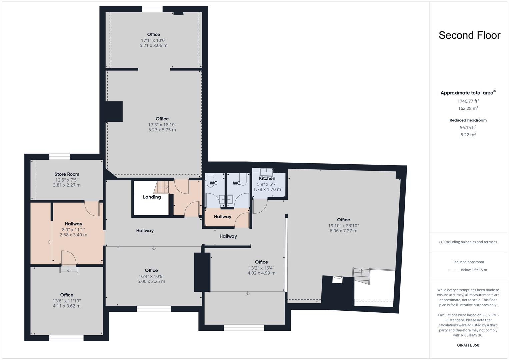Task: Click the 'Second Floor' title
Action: (469, 35)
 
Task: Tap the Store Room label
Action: (67, 174)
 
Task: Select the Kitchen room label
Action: (267, 178)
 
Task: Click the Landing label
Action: (152, 197)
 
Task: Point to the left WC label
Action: (213, 183)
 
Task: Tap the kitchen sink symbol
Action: (266, 172)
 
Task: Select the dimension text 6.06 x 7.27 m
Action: (343, 231)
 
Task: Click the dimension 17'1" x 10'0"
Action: (153, 40)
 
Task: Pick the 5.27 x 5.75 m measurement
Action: (162, 130)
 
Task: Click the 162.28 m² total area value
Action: (468, 108)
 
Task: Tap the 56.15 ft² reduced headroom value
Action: (468, 127)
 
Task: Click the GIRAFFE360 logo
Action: (468, 345)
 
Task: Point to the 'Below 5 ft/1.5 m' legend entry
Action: (473, 270)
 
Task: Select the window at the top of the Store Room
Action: (59, 157)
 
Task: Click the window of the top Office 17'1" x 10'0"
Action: (152, 9)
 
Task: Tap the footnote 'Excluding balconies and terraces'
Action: (468, 242)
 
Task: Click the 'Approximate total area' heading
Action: (468, 93)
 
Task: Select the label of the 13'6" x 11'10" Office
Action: (67, 295)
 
